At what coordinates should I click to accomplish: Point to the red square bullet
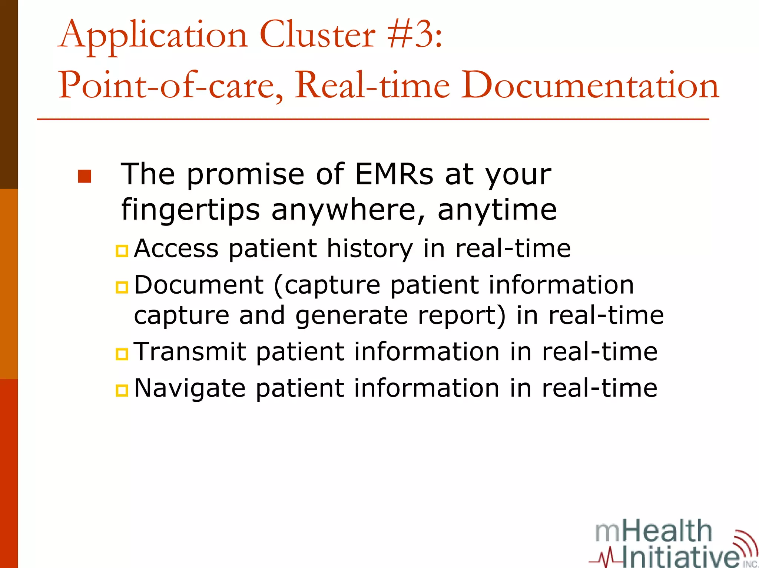pyautogui.click(x=84, y=176)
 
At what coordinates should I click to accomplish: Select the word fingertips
pyautogui.click(x=190, y=210)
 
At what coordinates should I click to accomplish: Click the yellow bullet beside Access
pyautogui.click(x=122, y=251)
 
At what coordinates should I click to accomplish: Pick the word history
pyautogui.click(x=369, y=248)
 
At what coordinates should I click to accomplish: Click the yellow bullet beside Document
pyautogui.click(x=122, y=287)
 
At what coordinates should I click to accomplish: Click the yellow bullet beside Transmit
pyautogui.click(x=122, y=354)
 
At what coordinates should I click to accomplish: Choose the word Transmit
pyautogui.click(x=190, y=351)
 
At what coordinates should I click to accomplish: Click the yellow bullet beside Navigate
pyautogui.click(x=122, y=390)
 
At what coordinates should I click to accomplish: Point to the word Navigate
pyautogui.click(x=190, y=388)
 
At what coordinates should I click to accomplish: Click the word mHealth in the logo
pyautogui.click(x=653, y=531)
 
